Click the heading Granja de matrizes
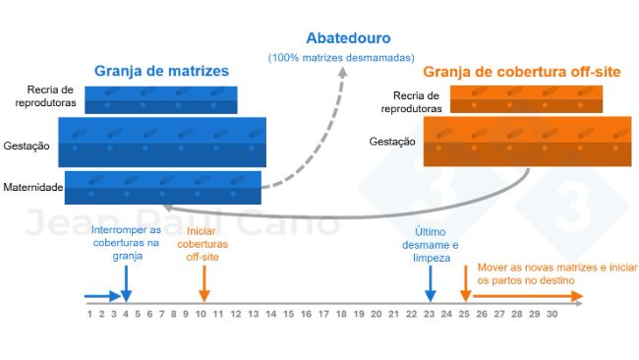pos(161,71)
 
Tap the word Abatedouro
pos(348,39)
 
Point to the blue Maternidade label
pos(33,186)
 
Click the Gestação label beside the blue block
pos(27,146)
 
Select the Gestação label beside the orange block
pos(392,142)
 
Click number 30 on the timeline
pos(552,314)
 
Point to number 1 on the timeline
pos(89,314)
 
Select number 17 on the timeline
pos(323,314)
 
